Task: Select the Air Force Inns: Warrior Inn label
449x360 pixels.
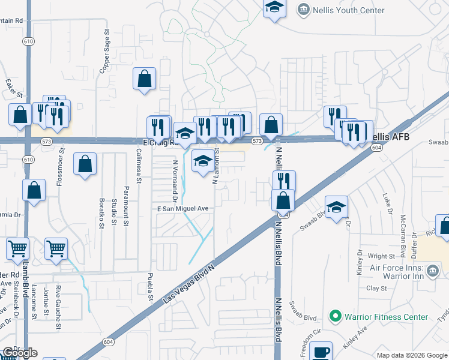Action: (387, 271)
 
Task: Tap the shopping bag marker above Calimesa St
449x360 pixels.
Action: (145, 79)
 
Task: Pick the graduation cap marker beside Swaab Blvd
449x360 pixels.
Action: (337, 206)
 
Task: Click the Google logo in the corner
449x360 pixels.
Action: (19, 353)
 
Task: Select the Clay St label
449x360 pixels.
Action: (376, 288)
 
